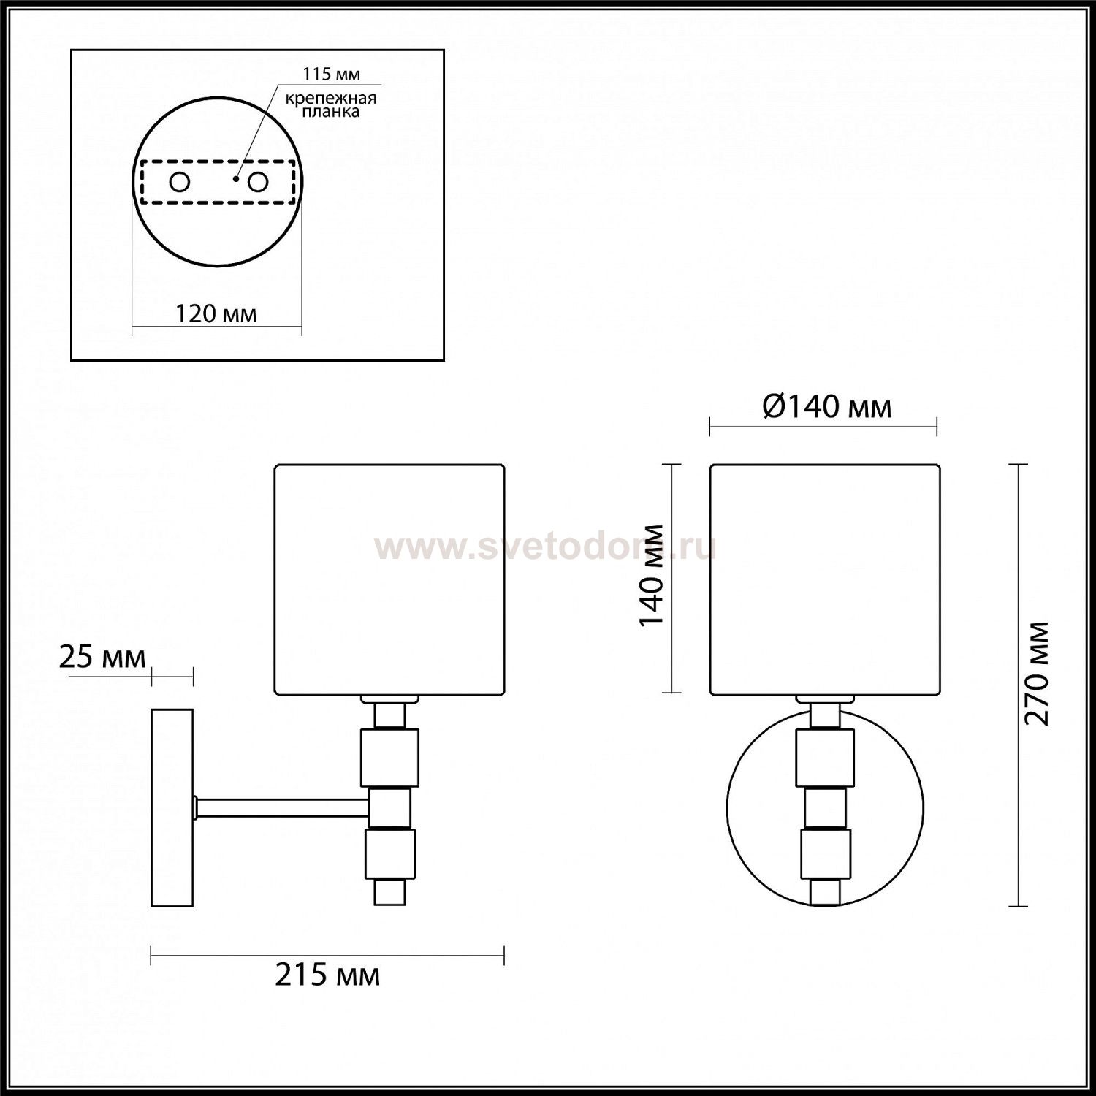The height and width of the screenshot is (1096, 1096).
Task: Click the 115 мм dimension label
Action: [332, 75]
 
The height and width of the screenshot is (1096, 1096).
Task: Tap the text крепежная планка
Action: [331, 105]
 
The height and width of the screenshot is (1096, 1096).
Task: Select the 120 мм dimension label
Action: [216, 314]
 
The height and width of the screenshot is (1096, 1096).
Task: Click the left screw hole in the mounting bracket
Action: [180, 181]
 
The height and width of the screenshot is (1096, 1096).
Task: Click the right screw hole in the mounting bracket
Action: [258, 181]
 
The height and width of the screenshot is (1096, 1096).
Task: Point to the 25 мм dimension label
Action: [102, 658]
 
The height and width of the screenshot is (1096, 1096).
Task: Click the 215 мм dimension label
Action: [327, 975]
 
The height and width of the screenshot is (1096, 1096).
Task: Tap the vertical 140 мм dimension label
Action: [651, 575]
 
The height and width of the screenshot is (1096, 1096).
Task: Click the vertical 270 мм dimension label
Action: [1036, 673]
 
